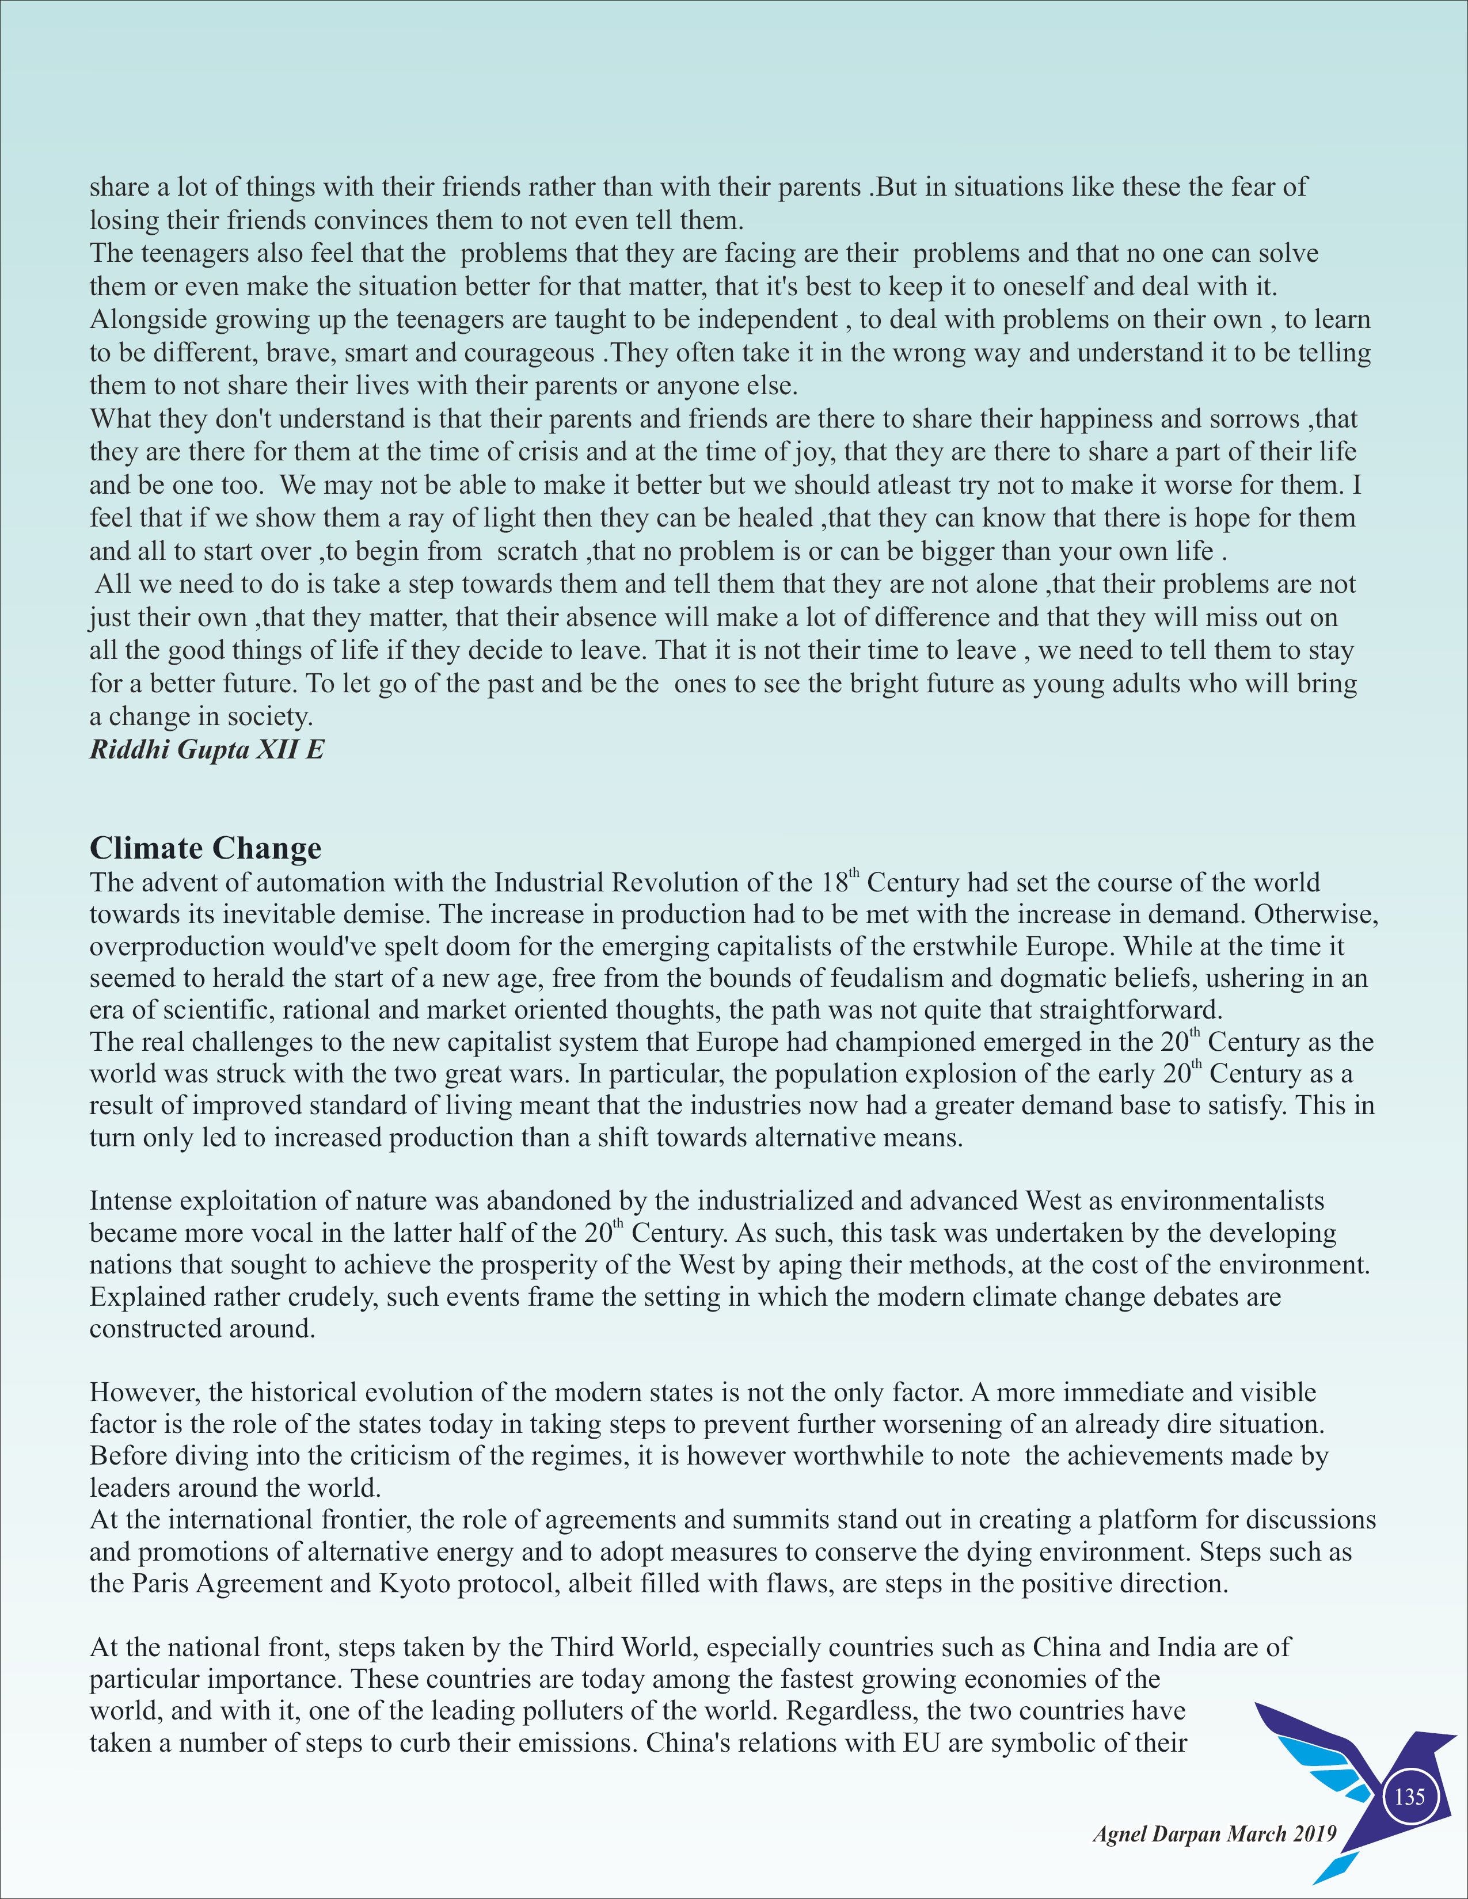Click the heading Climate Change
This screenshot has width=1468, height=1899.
tap(206, 848)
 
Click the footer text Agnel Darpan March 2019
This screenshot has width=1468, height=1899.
tap(1214, 1835)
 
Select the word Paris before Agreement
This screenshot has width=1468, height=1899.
tap(162, 1584)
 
